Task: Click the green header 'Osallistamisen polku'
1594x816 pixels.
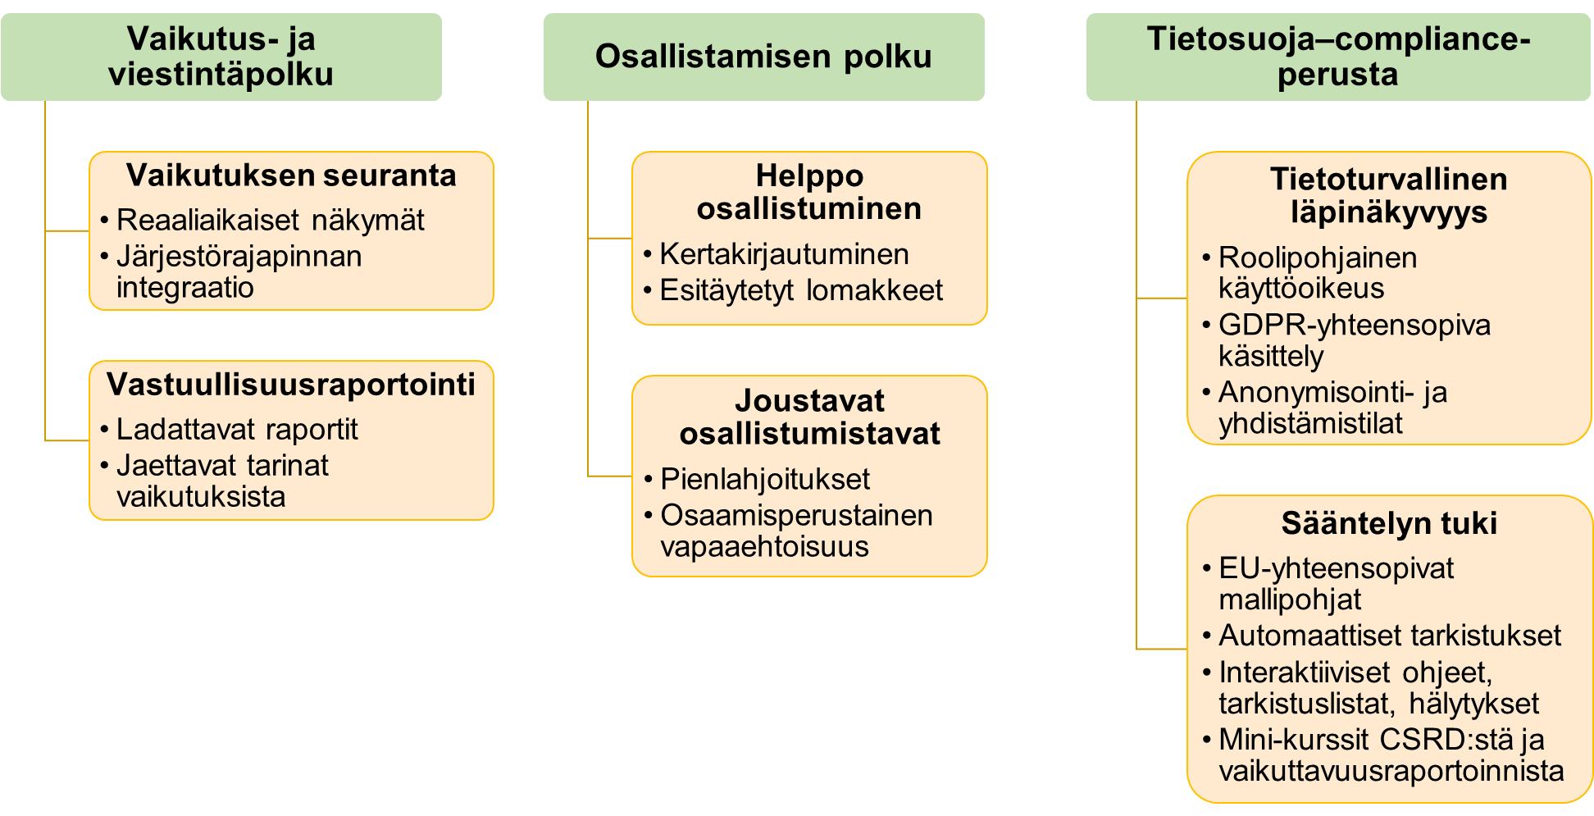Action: (763, 57)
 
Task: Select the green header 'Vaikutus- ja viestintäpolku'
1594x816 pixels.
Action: (221, 57)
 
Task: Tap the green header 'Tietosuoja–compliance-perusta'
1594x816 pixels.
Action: (1338, 57)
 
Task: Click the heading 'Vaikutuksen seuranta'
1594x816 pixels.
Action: (291, 176)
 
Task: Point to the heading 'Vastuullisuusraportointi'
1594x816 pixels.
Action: (291, 385)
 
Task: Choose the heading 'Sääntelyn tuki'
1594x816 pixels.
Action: (1389, 523)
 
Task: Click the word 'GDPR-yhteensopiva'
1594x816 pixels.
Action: (1355, 326)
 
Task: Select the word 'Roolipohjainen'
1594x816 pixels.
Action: (1318, 258)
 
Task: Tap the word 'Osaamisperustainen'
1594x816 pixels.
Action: (796, 516)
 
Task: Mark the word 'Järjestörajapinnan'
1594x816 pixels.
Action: (239, 257)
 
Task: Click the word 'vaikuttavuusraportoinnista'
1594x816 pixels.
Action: (1391, 771)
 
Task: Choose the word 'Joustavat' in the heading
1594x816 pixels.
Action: (809, 401)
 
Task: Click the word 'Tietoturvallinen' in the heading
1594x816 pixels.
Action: (1389, 179)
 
